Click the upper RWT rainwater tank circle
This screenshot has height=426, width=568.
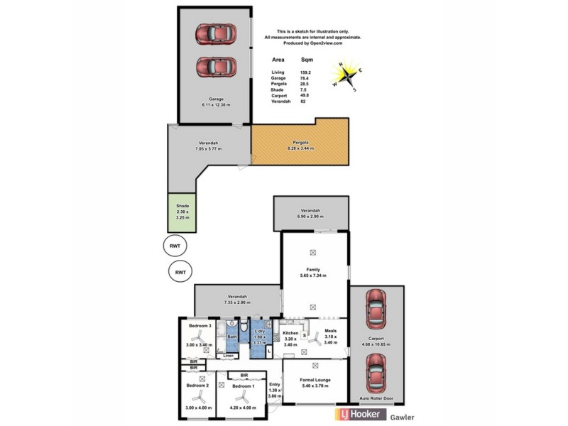pyautogui.click(x=174, y=246)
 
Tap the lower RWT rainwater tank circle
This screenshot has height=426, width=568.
pyautogui.click(x=181, y=272)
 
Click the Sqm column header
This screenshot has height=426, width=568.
pyautogui.click(x=307, y=60)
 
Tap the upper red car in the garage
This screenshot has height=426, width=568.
pyautogui.click(x=215, y=33)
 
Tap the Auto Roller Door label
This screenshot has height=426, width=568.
pyautogui.click(x=377, y=398)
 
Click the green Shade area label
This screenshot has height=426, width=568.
pyautogui.click(x=182, y=205)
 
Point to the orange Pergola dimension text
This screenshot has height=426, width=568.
pyautogui.click(x=300, y=148)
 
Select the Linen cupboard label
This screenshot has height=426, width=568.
pyautogui.click(x=228, y=355)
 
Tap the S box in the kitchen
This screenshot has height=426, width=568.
pyautogui.click(x=305, y=335)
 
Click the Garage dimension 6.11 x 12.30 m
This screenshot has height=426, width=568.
pyautogui.click(x=215, y=104)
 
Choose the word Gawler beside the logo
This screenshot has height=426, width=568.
pyautogui.click(x=402, y=417)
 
